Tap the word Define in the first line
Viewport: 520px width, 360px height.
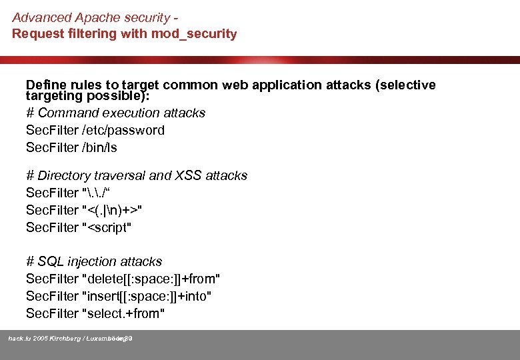pos(44,85)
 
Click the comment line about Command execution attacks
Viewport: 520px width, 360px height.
pos(115,113)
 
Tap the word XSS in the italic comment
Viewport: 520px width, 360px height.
pos(189,175)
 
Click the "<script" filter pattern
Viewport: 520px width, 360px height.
pos(107,227)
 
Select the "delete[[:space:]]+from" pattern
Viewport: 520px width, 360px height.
pos(151,278)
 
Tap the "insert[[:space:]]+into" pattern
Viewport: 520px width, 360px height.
pos(147,295)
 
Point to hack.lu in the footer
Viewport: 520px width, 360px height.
pos(19,339)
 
